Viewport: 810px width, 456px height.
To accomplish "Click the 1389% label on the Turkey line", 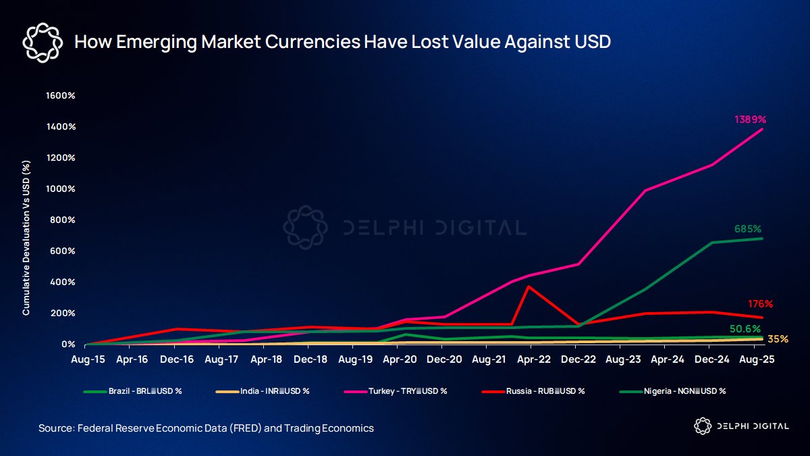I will pyautogui.click(x=750, y=120).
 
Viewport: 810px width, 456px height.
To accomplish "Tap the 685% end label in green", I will pyautogui.click(x=748, y=229).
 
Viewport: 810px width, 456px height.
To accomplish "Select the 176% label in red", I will pyautogui.click(x=760, y=304).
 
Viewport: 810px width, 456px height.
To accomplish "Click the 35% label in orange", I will pyautogui.click(x=778, y=339).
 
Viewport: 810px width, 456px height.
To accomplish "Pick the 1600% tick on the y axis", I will pyautogui.click(x=60, y=95).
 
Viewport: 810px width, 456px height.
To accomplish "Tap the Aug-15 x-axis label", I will pyautogui.click(x=88, y=360).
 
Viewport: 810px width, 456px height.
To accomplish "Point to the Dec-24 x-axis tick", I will pyautogui.click(x=711, y=360).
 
